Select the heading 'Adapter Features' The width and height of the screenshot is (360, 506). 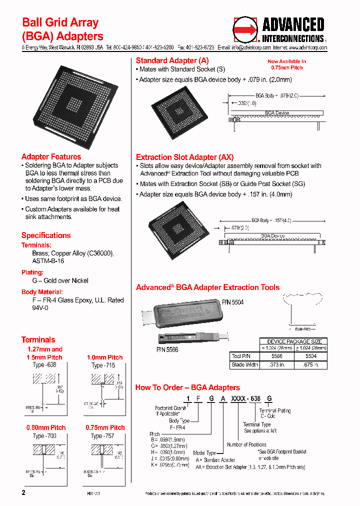(51, 157)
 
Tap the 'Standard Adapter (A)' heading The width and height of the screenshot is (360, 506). (169, 60)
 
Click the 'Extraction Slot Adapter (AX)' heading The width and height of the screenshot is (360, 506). (184, 157)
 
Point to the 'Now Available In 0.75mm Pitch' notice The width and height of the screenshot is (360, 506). (286, 64)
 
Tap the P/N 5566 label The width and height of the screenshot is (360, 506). (167, 349)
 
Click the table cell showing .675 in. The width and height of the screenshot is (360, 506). (311, 364)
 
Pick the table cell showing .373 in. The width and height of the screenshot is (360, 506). (276, 364)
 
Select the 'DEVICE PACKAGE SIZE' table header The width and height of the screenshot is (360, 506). (294, 341)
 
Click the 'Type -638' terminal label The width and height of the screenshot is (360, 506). (44, 365)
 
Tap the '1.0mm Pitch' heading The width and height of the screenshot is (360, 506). (104, 357)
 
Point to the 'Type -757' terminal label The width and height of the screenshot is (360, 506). (102, 436)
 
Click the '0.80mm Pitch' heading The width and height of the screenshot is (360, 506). (46, 428)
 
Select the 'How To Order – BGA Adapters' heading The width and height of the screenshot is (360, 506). (187, 387)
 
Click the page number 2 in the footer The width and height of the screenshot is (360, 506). (23, 492)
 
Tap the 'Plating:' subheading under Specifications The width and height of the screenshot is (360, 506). (33, 272)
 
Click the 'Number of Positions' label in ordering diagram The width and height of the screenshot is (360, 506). (246, 444)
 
